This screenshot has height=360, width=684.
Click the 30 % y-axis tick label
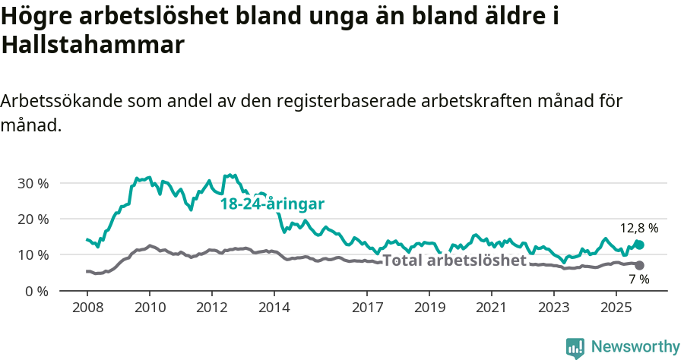coord(33,183)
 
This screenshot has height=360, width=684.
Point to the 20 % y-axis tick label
coord(33,219)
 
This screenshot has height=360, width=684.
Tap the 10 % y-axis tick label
coord(33,254)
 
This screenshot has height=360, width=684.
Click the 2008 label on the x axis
coord(87,308)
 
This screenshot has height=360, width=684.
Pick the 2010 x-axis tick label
coord(149,308)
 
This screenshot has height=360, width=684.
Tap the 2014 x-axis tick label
coord(274,308)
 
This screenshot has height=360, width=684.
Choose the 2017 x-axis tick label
coord(367,308)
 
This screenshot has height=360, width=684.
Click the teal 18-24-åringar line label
coord(272,204)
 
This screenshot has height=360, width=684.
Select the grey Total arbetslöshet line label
coord(454,261)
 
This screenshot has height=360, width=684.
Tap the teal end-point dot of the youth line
coord(640,245)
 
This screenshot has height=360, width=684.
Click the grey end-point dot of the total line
coord(640,265)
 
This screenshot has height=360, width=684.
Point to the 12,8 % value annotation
coord(639,228)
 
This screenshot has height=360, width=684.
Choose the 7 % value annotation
coord(639,279)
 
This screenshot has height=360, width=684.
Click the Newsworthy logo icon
coord(575,348)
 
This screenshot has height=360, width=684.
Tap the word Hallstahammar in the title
coord(93,45)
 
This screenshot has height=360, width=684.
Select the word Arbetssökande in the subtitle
coord(61,101)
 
